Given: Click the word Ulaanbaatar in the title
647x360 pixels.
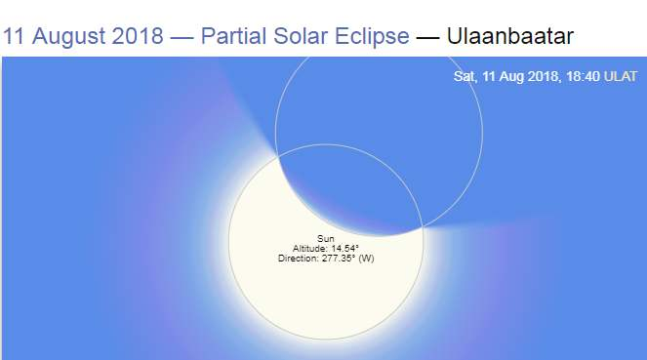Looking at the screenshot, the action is (x=510, y=36).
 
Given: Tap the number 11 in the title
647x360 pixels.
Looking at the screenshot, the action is (x=14, y=36).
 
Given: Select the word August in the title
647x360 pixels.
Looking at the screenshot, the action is (x=69, y=37).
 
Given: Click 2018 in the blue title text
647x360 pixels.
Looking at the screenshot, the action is (x=138, y=36).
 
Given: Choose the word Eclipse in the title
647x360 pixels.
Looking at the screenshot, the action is (x=372, y=37).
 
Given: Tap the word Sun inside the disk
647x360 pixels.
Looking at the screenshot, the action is (x=326, y=238).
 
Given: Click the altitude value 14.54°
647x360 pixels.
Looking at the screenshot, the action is (x=344, y=248).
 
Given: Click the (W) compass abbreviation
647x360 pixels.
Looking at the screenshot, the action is (x=366, y=259).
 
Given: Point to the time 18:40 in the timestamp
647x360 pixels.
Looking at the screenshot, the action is (x=583, y=76).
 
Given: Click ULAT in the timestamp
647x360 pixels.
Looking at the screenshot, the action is (x=621, y=76).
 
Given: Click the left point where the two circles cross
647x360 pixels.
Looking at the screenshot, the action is (x=279, y=155).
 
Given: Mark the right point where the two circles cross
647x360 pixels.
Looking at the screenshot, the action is (x=423, y=226).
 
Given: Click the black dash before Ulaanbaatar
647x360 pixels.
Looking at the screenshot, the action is (x=427, y=37).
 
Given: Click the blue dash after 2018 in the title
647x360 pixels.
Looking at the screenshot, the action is (x=182, y=37).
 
